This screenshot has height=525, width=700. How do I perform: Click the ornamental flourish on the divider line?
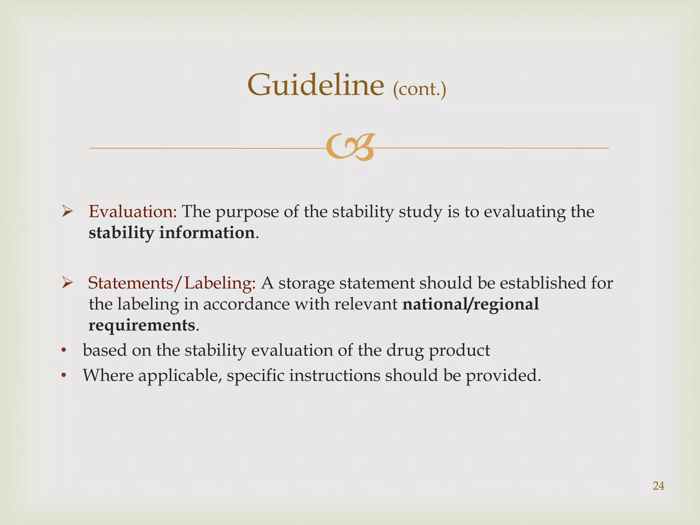click(x=350, y=147)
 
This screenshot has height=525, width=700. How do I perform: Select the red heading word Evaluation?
click(x=133, y=212)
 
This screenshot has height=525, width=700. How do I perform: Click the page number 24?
click(x=658, y=486)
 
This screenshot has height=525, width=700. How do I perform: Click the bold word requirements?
click(x=142, y=325)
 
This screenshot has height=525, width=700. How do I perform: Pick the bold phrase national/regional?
click(x=471, y=304)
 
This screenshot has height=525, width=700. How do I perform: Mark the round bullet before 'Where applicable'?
click(x=64, y=376)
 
